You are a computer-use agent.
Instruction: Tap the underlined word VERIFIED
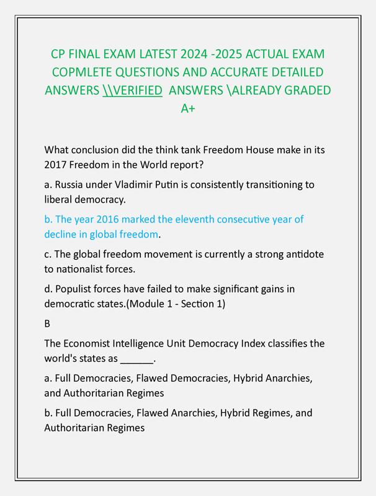133,91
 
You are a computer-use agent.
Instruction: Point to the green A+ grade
188,108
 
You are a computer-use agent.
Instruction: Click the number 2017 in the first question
56,166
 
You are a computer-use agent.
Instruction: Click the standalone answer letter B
48,324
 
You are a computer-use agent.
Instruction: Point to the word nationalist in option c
84,270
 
